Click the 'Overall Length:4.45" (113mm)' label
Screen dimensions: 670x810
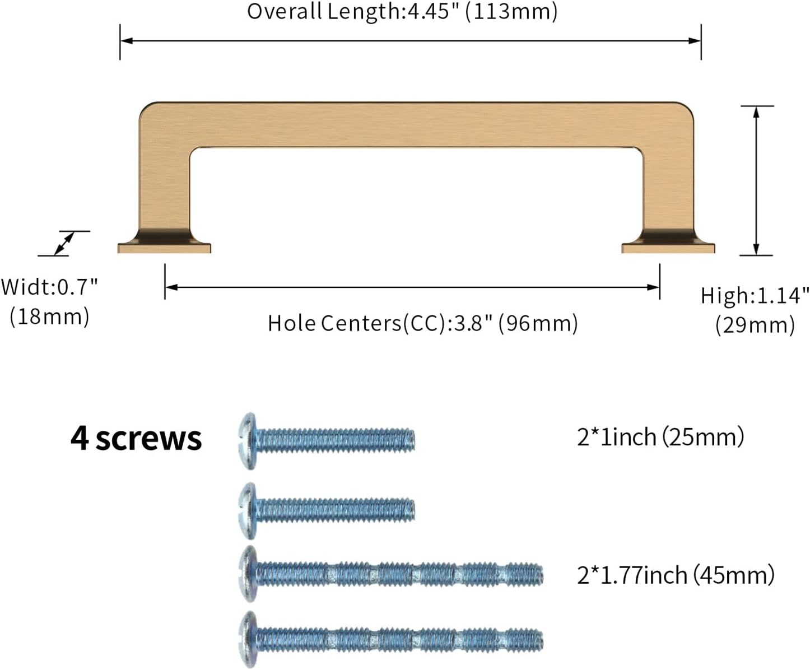click(x=402, y=12)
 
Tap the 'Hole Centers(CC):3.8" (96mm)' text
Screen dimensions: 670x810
click(x=422, y=323)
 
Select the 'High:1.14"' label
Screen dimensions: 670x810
click(x=755, y=295)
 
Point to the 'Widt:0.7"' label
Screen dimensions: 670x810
click(x=49, y=287)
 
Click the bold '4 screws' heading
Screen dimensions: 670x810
click(x=136, y=438)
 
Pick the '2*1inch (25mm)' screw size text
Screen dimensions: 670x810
click(x=660, y=437)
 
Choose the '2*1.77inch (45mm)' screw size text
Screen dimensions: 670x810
click(x=676, y=575)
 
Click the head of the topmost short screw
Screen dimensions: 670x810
click(x=248, y=440)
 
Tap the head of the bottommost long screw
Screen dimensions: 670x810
click(x=248, y=639)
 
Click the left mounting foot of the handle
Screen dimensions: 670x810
click(x=164, y=245)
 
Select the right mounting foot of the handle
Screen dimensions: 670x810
click(x=668, y=245)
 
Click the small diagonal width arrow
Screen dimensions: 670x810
click(x=64, y=244)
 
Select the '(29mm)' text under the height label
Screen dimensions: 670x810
click(x=755, y=325)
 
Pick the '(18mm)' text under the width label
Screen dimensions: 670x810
click(x=49, y=317)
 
